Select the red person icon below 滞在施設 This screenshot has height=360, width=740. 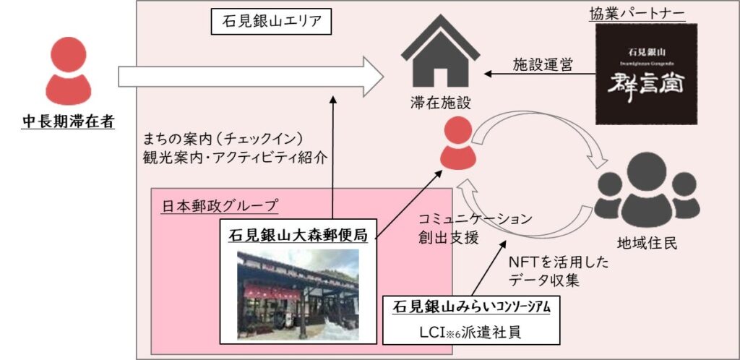[x=456, y=144]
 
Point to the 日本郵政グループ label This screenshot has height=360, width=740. [x=218, y=206]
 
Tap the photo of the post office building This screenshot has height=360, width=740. [x=298, y=294]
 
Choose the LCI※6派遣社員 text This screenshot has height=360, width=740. [x=470, y=335]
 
